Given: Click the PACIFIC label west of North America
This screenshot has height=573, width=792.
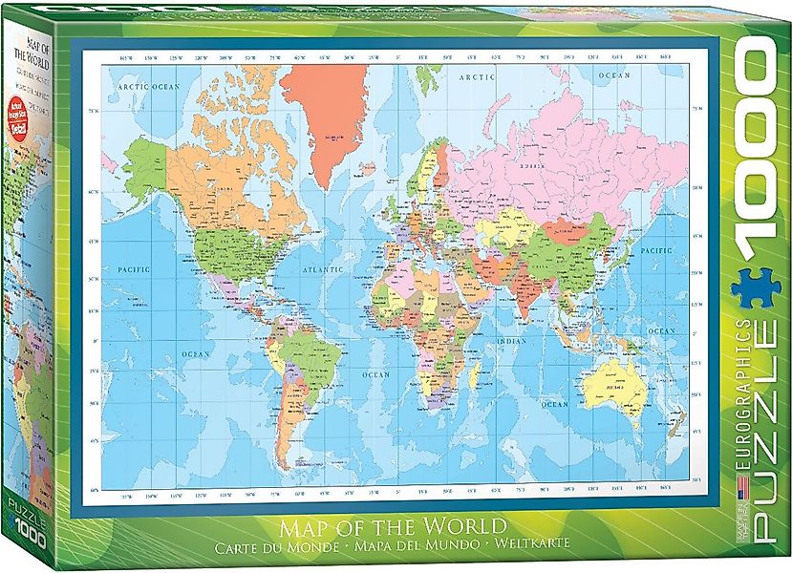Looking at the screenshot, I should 137,270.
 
